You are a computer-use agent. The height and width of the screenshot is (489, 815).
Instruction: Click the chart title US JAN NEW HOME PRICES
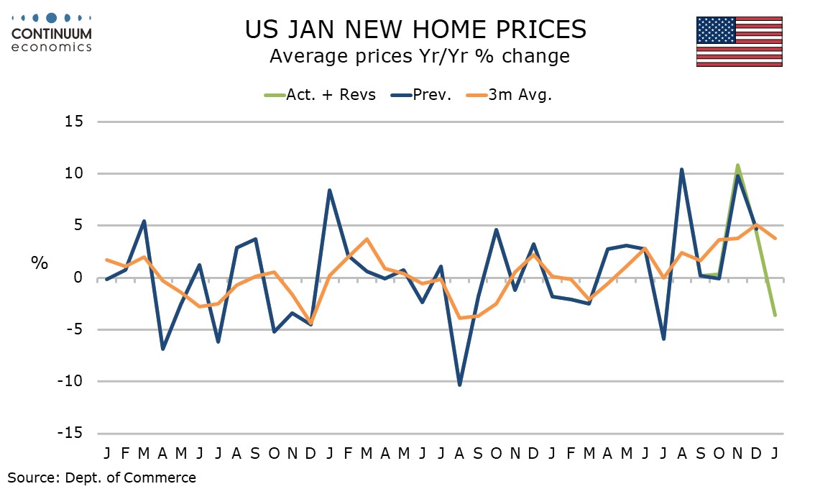(415, 29)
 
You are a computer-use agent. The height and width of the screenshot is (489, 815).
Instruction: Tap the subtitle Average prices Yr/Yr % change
(419, 56)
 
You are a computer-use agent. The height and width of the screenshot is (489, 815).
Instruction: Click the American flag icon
(739, 42)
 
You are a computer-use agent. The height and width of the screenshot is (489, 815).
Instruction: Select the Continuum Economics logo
(52, 32)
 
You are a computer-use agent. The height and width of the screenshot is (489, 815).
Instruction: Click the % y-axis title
(39, 263)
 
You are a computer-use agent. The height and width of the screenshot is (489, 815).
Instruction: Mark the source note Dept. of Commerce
(101, 477)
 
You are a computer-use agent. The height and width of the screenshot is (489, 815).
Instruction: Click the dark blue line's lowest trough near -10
(459, 385)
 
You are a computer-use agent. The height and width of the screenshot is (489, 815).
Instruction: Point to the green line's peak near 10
(737, 165)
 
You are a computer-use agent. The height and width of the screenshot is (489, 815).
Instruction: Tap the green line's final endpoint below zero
(775, 315)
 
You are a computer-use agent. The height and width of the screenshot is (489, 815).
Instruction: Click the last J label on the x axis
(775, 454)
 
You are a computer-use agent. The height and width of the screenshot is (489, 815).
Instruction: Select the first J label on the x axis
(107, 454)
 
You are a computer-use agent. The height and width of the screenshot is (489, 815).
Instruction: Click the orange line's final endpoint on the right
(775, 238)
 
